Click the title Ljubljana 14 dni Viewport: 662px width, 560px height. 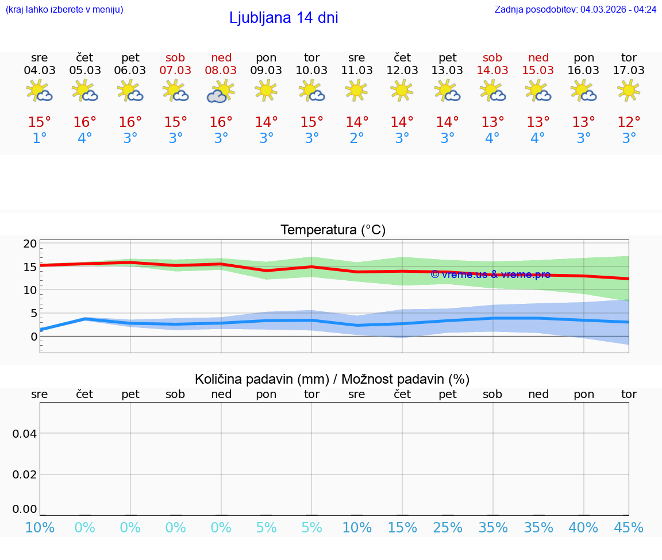283,18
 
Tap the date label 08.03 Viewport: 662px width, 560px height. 221,70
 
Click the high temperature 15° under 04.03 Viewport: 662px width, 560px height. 40,122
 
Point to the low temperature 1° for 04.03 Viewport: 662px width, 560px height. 40,138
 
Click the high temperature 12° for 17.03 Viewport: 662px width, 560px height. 629,122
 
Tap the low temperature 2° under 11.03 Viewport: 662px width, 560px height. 357,138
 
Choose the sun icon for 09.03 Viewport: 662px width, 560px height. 266,90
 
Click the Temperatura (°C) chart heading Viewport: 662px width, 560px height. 333,230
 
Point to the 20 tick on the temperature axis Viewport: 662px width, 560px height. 30,244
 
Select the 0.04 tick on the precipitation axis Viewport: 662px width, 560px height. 25,434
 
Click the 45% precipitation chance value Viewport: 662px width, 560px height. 629,528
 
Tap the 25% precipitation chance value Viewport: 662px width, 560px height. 448,528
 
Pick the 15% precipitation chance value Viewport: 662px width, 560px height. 402,528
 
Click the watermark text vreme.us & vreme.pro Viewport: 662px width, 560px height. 490,275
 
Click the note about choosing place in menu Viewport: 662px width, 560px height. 64,10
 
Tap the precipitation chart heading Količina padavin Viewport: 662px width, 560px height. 332,379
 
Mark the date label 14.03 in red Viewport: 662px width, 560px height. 492,70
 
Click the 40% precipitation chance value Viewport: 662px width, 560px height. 584,528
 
